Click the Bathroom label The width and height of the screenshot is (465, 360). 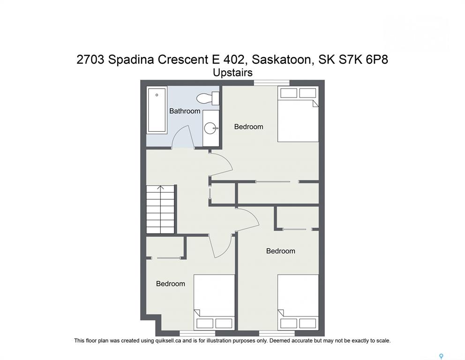click(x=185, y=111)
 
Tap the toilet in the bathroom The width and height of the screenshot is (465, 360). click(x=208, y=98)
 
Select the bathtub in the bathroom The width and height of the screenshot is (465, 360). click(x=157, y=110)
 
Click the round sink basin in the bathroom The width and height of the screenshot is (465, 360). click(x=210, y=128)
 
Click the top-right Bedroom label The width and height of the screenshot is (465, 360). click(x=248, y=127)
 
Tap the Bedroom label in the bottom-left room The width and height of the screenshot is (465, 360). click(x=171, y=284)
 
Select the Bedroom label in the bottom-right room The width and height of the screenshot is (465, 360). click(x=280, y=251)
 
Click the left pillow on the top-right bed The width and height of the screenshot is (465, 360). click(x=289, y=93)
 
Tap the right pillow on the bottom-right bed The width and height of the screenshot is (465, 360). click(x=307, y=323)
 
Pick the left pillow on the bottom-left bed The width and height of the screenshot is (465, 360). click(x=205, y=323)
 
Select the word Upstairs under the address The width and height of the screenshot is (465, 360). click(x=233, y=73)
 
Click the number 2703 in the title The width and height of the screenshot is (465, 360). click(x=90, y=60)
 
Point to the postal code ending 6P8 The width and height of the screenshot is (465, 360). click(x=376, y=60)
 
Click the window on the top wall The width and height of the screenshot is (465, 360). click(x=272, y=83)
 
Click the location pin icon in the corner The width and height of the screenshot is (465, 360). click(x=441, y=356)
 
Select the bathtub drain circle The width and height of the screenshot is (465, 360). click(x=157, y=95)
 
